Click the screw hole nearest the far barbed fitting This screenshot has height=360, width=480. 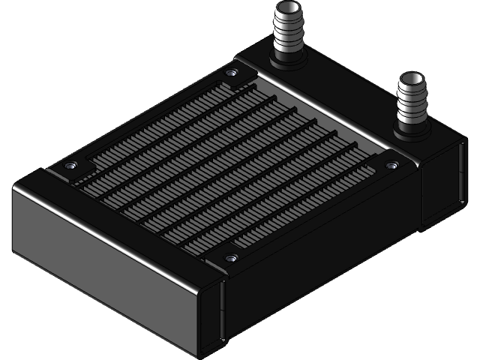pos(232,73)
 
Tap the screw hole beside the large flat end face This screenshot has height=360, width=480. pos(70,166)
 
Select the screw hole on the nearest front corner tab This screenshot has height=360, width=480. pos(230,258)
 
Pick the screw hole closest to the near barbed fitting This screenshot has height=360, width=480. pos(390,164)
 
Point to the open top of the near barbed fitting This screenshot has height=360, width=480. pos(412,78)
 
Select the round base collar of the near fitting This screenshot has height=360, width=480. pos(411,131)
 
